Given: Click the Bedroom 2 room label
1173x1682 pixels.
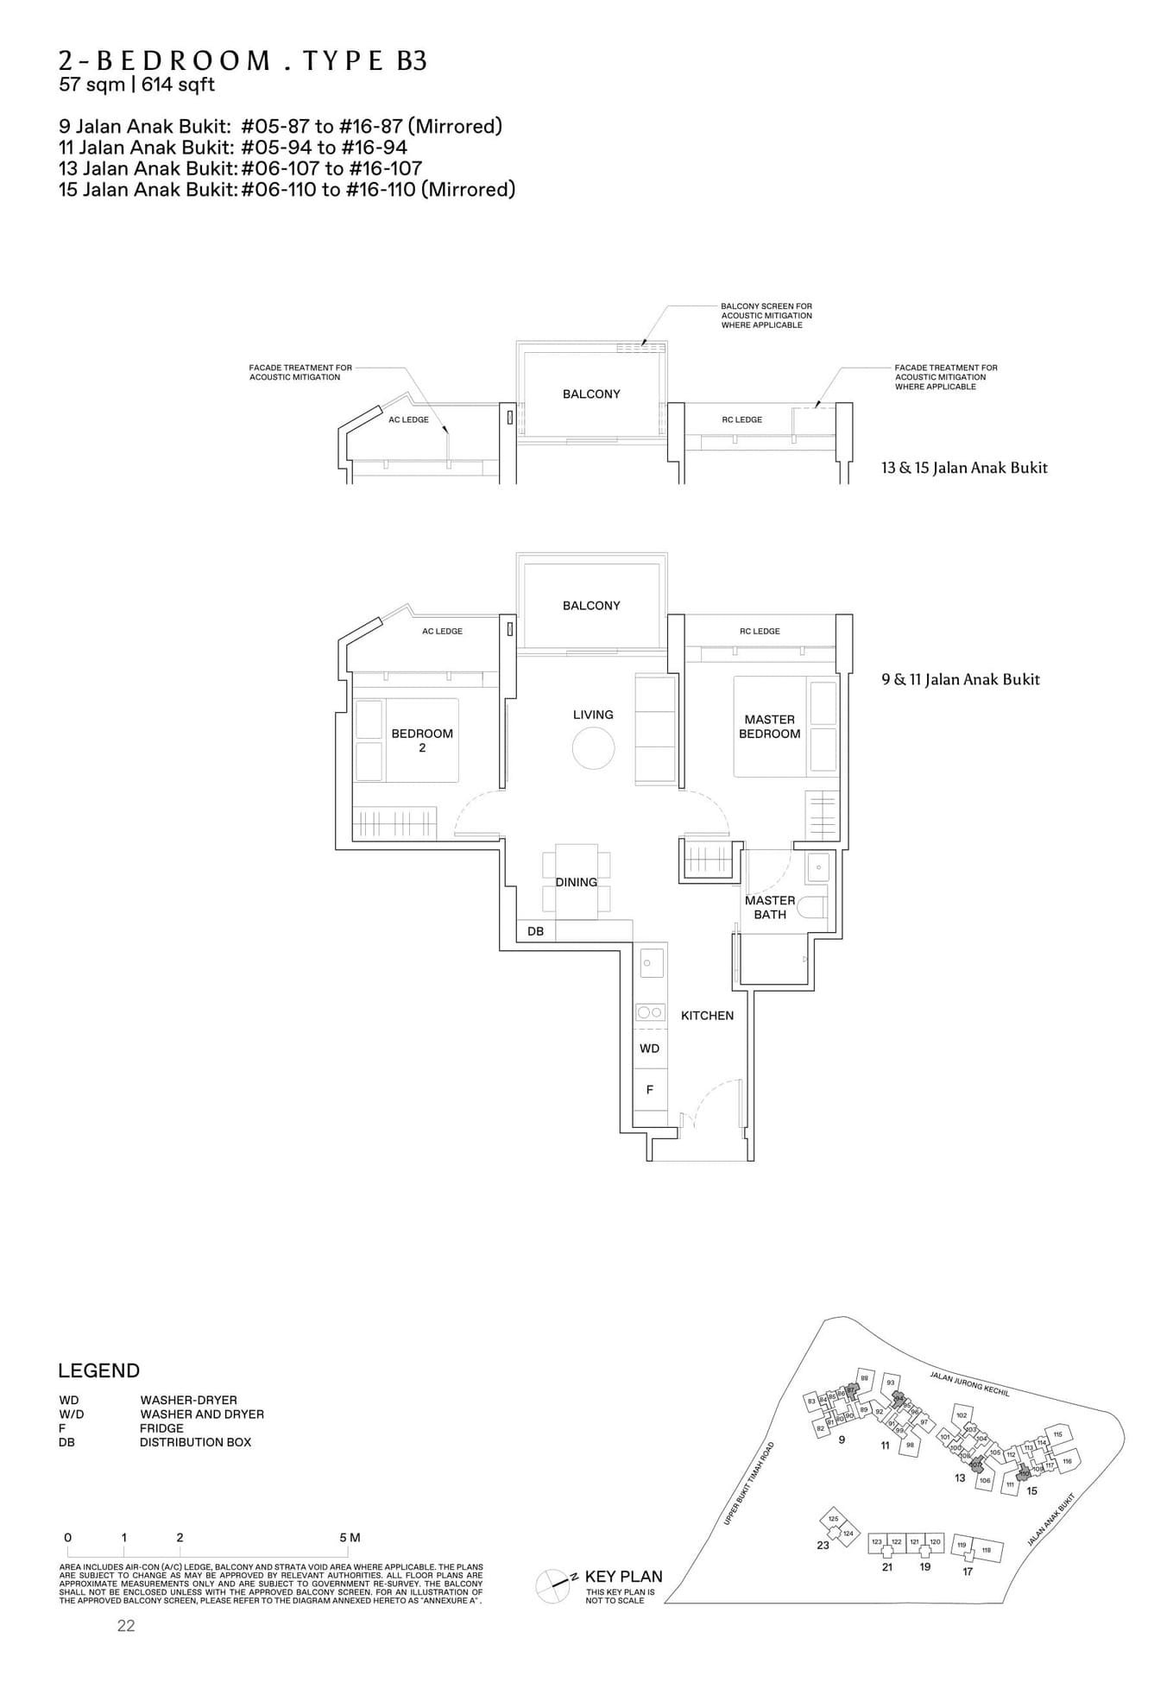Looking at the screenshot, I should coord(422,740).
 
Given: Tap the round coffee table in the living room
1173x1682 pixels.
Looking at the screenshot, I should coord(593,747).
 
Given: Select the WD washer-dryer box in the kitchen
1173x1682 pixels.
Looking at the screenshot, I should coord(650,1048).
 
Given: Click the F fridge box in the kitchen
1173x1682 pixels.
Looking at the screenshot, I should coord(650,1090).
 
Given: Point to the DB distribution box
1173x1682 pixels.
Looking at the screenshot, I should coord(535,931).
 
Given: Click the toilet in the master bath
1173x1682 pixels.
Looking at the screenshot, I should coord(812,907).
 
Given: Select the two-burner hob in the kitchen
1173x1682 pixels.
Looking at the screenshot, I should coord(650,1012).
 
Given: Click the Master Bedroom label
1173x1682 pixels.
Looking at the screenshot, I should coord(769,727).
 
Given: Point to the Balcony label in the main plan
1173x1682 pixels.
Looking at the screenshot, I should coord(591,606).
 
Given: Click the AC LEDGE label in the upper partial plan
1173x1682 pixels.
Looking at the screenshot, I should coord(408,419).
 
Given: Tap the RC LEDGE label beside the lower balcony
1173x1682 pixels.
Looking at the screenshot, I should coord(760,631).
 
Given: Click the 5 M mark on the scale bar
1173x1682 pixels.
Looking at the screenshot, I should coord(350,1537).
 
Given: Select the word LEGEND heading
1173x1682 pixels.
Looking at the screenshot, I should coord(98,1370).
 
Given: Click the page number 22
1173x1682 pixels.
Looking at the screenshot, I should coord(126,1626).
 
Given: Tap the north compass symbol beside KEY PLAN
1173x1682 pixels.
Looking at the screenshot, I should coord(552,1582).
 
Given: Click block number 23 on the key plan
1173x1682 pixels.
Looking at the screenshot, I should coord(823,1545).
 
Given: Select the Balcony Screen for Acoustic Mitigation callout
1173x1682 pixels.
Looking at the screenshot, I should coord(766,315).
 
